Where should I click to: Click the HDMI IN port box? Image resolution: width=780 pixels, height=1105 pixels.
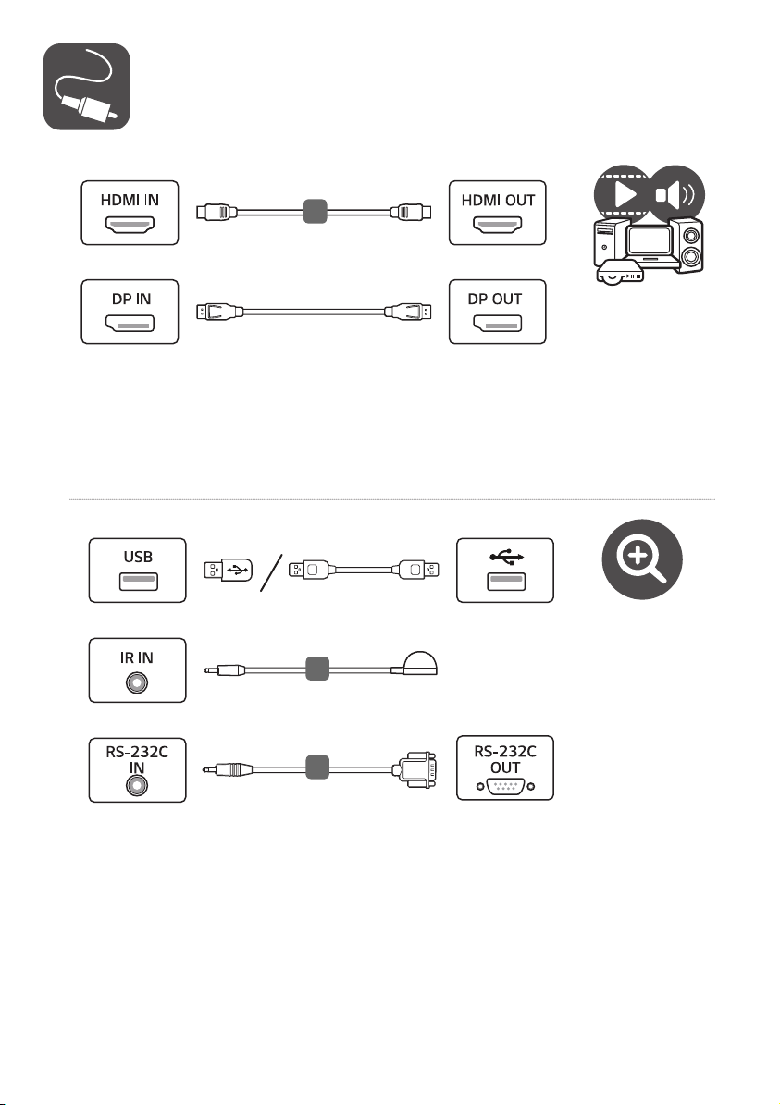[130, 213]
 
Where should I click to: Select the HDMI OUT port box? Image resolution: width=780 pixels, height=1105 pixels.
[498, 213]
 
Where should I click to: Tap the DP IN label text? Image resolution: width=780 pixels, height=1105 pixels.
[131, 299]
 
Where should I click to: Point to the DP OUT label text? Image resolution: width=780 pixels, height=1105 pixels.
[495, 299]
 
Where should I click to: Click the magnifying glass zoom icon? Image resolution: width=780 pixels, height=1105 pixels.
[642, 559]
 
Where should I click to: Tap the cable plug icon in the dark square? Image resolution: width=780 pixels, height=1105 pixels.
[87, 87]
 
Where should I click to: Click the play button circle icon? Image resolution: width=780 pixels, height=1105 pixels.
[622, 194]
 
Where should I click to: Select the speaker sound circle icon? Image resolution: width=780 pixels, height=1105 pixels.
[675, 194]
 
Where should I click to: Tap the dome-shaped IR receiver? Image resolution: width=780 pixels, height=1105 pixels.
[419, 663]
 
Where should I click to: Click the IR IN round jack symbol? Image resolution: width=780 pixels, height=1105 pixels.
[137, 682]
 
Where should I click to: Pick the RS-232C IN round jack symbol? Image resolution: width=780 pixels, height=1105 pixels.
[137, 785]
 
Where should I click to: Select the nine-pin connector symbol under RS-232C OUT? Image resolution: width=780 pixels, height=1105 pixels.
[505, 787]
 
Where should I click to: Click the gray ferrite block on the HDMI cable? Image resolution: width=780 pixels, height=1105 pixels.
[316, 212]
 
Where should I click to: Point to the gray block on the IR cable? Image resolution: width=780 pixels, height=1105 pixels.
[317, 669]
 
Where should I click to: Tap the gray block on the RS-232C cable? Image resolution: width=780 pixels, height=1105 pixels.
[317, 767]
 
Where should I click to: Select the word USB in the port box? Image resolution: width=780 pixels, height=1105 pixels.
[138, 557]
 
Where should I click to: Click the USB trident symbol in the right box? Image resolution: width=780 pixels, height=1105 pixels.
[506, 558]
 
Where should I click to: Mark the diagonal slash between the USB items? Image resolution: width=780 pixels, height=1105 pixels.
[271, 573]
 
